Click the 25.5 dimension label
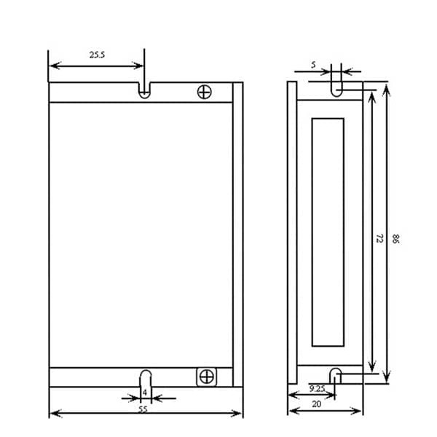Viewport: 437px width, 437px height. pyautogui.click(x=97, y=55)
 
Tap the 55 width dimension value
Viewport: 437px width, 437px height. pyautogui.click(x=143, y=409)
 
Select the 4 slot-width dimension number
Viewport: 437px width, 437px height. pyautogui.click(x=145, y=393)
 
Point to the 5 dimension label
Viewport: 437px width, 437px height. pyautogui.click(x=313, y=65)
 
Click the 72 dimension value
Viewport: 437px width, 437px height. pyautogui.click(x=379, y=238)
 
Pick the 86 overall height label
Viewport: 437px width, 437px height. pyautogui.click(x=395, y=239)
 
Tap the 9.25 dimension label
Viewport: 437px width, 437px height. pyautogui.click(x=317, y=388)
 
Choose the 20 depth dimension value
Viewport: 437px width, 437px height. pyautogui.click(x=316, y=403)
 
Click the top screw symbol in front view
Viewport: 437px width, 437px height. pyautogui.click(x=204, y=92)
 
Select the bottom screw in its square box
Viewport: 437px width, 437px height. pyautogui.click(x=207, y=377)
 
